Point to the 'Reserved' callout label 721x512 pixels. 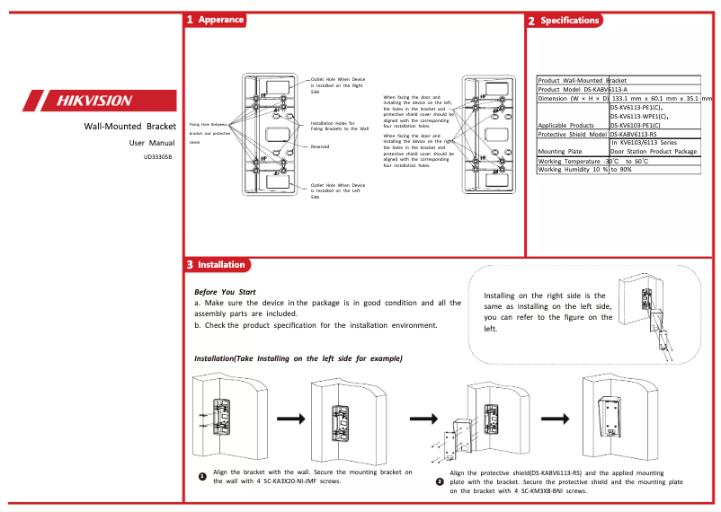[320, 146]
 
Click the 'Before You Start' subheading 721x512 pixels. [225, 293]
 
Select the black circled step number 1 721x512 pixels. [202, 476]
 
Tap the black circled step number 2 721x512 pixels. [440, 482]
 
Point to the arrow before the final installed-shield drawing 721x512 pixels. [551, 419]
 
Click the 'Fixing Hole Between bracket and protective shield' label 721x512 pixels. [209, 133]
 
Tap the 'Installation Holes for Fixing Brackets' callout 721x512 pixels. [339, 126]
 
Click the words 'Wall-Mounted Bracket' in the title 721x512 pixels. [129, 127]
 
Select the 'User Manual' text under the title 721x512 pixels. [152, 143]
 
